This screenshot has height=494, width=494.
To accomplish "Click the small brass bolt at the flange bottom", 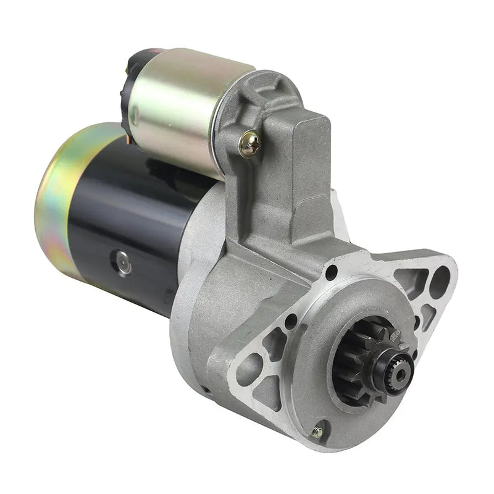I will (x=319, y=425).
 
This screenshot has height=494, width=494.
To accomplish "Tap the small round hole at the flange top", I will (x=333, y=270).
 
